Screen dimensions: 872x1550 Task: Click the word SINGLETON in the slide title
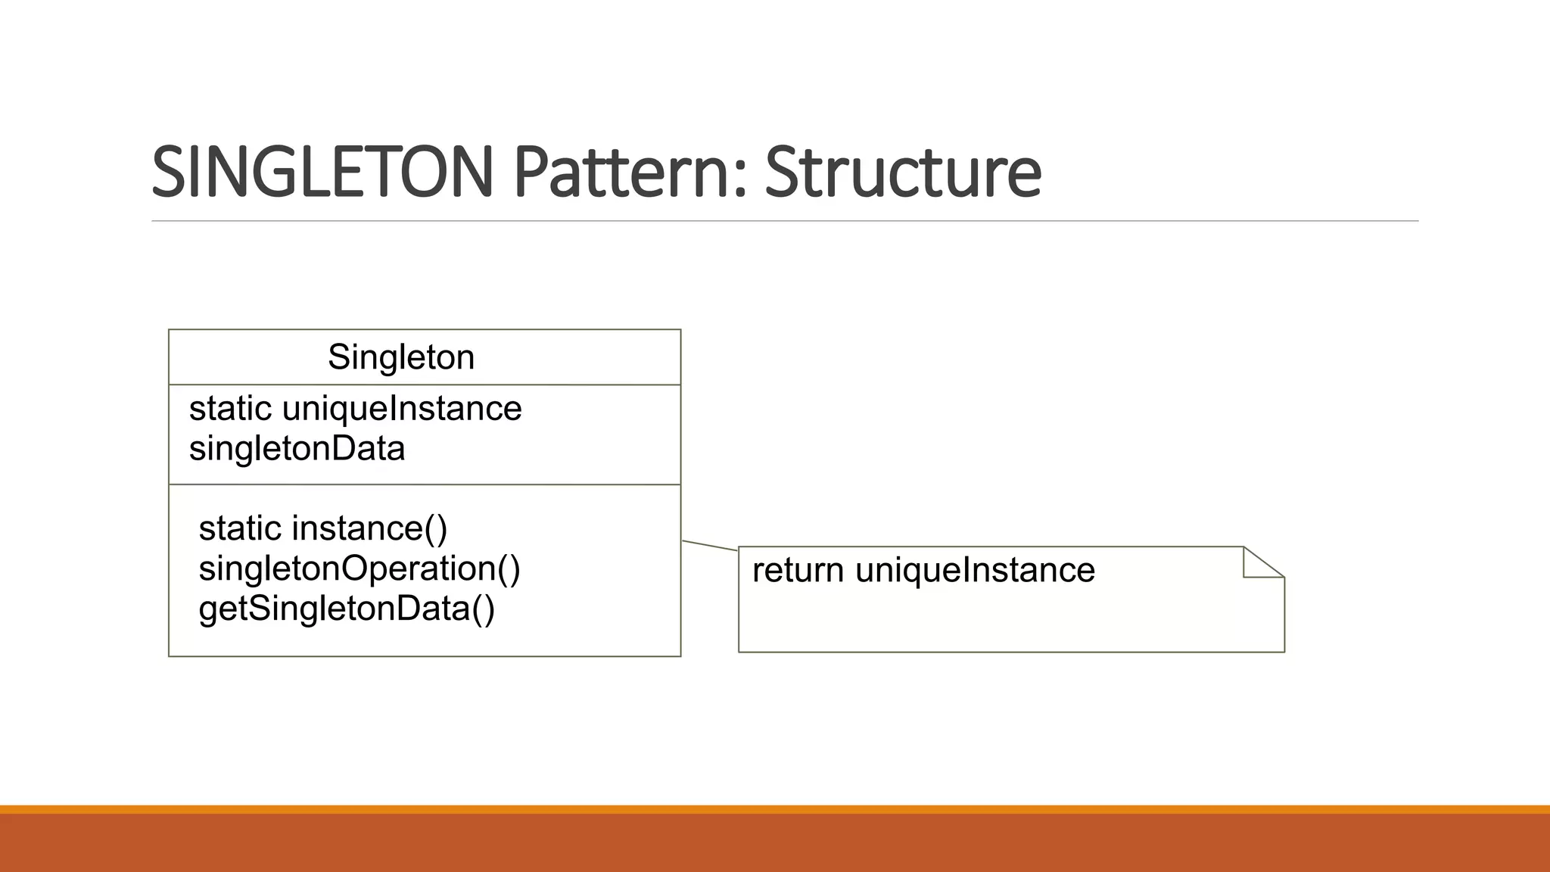pyautogui.click(x=322, y=172)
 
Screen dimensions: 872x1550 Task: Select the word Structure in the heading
pyautogui.click(x=903, y=172)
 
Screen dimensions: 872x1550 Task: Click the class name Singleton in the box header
pyautogui.click(x=401, y=357)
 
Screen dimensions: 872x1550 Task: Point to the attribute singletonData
pyautogui.click(x=297, y=449)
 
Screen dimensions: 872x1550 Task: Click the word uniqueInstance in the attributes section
pyautogui.click(x=402, y=409)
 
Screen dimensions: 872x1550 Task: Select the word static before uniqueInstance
pyautogui.click(x=230, y=409)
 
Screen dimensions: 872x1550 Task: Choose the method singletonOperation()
pyautogui.click(x=359, y=568)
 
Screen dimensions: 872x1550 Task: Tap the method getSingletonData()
pyautogui.click(x=347, y=609)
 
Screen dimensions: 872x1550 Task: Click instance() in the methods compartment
pyautogui.click(x=369, y=528)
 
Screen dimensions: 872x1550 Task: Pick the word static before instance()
pyautogui.click(x=240, y=528)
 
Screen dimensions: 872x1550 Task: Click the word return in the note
pyautogui.click(x=798, y=570)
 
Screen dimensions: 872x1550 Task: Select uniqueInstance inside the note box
pyautogui.click(x=975, y=570)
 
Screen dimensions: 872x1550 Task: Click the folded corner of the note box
pyautogui.click(x=1259, y=564)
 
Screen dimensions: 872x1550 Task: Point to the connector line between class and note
pyautogui.click(x=710, y=546)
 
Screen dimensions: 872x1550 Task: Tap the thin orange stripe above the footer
pyautogui.click(x=775, y=809)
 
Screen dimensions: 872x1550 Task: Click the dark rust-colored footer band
pyautogui.click(x=775, y=843)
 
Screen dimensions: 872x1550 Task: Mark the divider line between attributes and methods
pyautogui.click(x=425, y=484)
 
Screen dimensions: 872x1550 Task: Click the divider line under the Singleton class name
pyautogui.click(x=425, y=385)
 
